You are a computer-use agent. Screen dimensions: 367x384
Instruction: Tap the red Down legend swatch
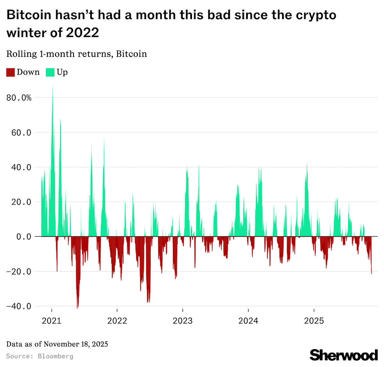11,72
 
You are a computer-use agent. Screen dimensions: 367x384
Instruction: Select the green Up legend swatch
50,72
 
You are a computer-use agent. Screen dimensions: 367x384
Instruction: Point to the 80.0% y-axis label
19,98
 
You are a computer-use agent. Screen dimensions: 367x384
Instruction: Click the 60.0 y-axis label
21,133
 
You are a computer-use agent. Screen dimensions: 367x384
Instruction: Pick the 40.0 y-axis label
21,167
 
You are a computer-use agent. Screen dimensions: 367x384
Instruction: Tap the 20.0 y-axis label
21,202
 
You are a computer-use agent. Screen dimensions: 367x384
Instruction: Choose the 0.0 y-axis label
24,237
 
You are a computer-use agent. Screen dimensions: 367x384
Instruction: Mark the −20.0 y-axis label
19,272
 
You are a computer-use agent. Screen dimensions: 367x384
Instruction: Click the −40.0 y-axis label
19,306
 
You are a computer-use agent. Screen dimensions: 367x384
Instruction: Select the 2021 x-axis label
52,321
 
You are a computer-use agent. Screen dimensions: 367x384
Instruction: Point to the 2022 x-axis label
117,321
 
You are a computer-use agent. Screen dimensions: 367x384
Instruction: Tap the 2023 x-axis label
183,321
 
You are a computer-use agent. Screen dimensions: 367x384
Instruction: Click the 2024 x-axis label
248,321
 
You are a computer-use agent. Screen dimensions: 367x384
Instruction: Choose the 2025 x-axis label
314,321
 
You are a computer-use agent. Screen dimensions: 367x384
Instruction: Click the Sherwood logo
344,355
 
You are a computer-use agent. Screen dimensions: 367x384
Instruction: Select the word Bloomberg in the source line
55,356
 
